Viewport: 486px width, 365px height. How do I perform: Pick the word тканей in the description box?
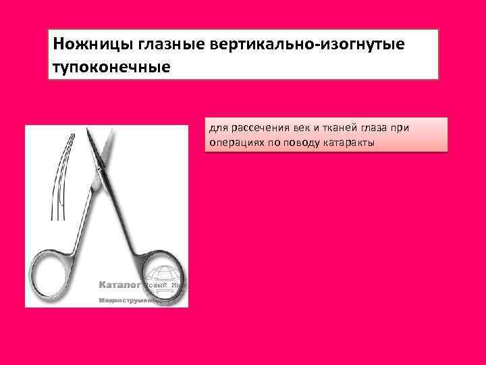pos(336,128)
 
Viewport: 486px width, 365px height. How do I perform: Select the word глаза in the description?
pos(374,128)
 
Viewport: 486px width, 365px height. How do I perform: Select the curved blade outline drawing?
pos(59,176)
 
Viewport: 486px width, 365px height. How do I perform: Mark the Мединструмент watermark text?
pos(128,299)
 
